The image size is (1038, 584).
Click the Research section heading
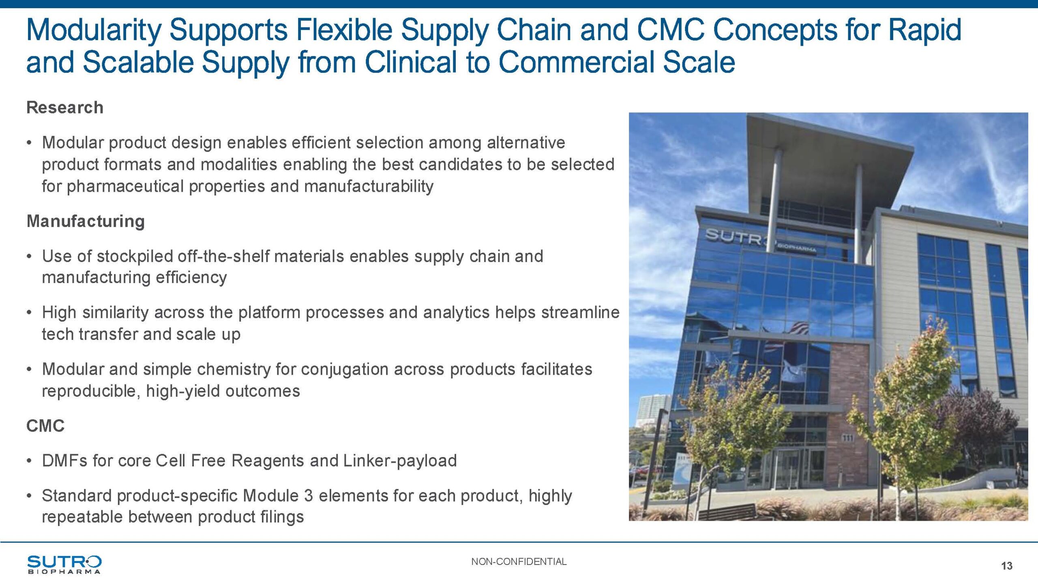(x=65, y=108)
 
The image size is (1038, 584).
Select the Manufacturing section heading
(x=86, y=221)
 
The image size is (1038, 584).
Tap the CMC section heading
(x=45, y=426)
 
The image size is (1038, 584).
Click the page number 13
(x=1007, y=566)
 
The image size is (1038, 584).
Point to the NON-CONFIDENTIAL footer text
(x=519, y=562)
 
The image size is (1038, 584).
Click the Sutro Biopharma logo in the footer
(x=64, y=565)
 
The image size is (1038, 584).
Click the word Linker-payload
(x=400, y=461)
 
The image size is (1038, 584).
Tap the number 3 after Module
(x=308, y=496)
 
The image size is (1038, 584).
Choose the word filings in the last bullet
(x=283, y=517)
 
